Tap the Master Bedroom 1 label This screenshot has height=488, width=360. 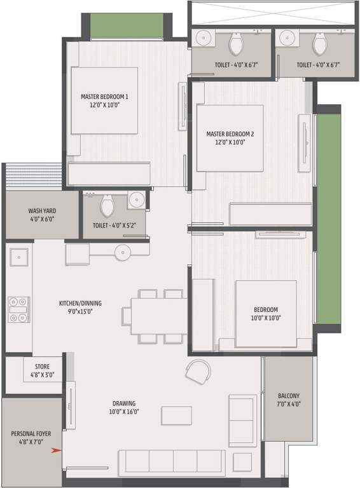(104, 101)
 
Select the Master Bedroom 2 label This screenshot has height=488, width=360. (230, 138)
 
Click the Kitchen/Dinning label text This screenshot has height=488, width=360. (80, 308)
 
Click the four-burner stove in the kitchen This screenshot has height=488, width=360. (18, 309)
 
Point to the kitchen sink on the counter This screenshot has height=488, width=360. (18, 257)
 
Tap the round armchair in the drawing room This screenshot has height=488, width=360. (198, 371)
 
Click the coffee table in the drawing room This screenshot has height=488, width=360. (176, 415)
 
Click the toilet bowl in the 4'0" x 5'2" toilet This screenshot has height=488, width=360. (107, 206)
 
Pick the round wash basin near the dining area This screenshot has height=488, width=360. (123, 253)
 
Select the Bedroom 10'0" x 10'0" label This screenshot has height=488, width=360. (266, 315)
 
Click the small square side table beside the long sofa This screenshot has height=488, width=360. (242, 461)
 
